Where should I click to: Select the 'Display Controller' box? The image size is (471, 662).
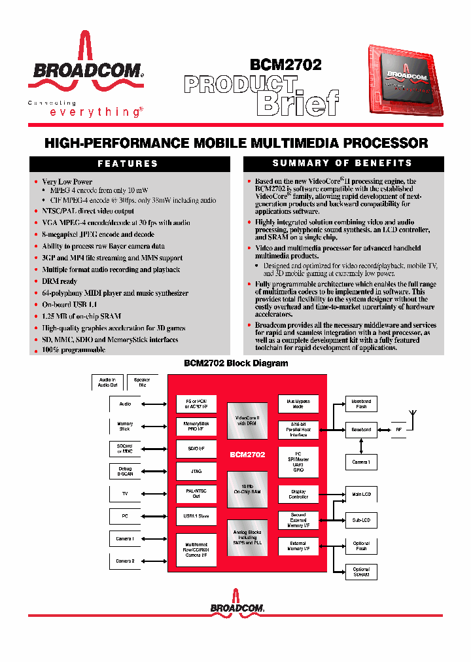(x=298, y=494)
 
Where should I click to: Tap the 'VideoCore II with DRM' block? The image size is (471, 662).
(x=247, y=421)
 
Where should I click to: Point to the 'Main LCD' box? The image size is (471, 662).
(x=361, y=495)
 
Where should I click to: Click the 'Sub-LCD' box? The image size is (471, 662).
(x=361, y=520)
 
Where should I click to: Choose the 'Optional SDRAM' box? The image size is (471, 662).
(x=361, y=572)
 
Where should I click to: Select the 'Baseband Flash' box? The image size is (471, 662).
(x=361, y=404)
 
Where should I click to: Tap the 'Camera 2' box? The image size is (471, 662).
(x=125, y=561)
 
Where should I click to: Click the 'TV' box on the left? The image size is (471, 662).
(x=125, y=495)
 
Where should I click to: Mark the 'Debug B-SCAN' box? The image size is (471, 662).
(x=125, y=472)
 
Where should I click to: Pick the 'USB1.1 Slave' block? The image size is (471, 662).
(x=196, y=516)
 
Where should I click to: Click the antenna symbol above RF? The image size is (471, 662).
(x=411, y=415)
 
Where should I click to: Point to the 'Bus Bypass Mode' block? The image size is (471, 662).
(x=298, y=404)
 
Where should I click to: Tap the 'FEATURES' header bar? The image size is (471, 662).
(x=128, y=164)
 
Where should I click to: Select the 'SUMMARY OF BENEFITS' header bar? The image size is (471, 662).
(x=343, y=163)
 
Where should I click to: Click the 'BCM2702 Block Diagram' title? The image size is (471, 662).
(x=235, y=364)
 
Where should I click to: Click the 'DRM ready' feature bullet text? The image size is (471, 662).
(x=60, y=281)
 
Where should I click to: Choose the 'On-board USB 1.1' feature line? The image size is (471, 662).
(x=69, y=305)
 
